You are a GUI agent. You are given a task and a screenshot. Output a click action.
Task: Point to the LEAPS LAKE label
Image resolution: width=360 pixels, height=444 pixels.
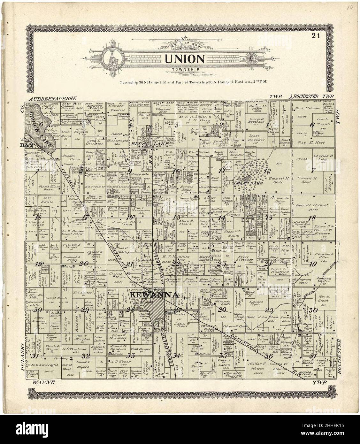(x=252, y=183)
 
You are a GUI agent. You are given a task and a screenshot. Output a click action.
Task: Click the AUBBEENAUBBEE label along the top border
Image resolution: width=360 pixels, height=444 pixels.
(x=52, y=99)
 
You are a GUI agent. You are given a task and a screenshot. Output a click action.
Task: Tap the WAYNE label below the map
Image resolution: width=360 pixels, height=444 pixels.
(x=44, y=382)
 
